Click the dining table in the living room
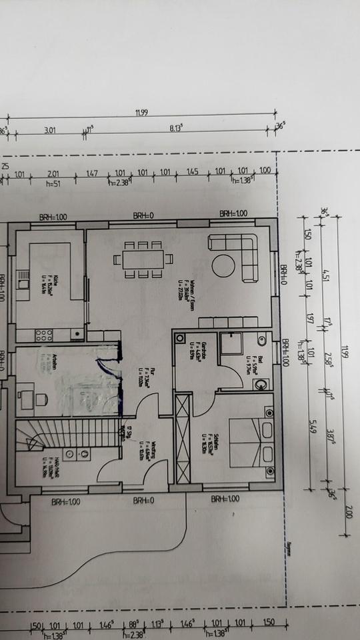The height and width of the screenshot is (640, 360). [143, 258]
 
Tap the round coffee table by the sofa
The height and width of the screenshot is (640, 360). [223, 266]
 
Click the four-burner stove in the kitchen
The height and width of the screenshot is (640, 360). [44, 334]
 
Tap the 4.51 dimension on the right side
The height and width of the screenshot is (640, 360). [325, 275]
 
